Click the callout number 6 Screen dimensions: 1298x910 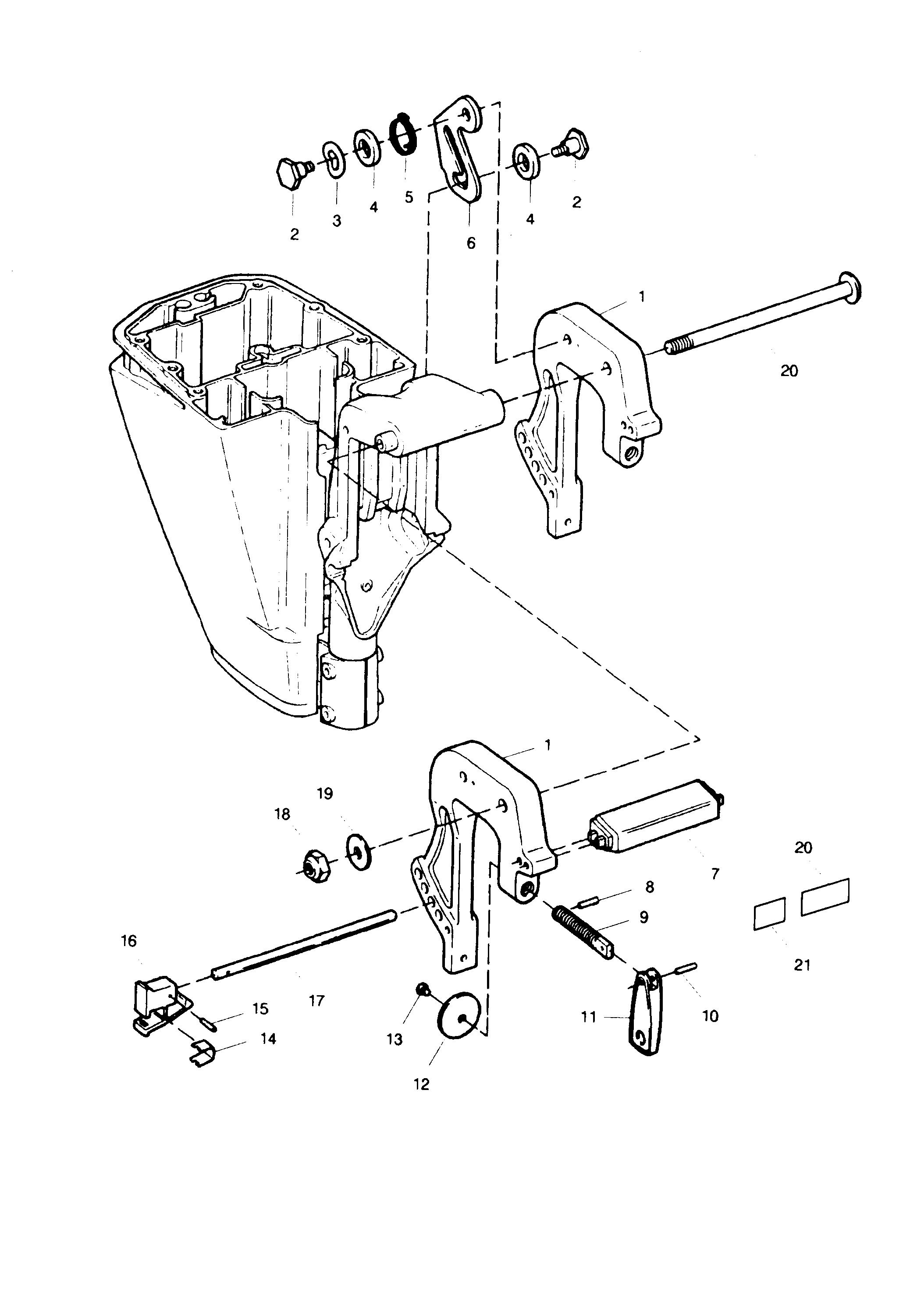tap(471, 243)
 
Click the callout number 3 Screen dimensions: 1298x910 tap(337, 220)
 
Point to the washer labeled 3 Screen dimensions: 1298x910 tap(334, 161)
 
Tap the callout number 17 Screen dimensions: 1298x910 tap(317, 1000)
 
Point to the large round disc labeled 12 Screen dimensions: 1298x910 tap(458, 1014)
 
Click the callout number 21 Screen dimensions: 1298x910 tap(802, 965)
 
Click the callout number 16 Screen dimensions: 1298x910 tap(129, 941)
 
